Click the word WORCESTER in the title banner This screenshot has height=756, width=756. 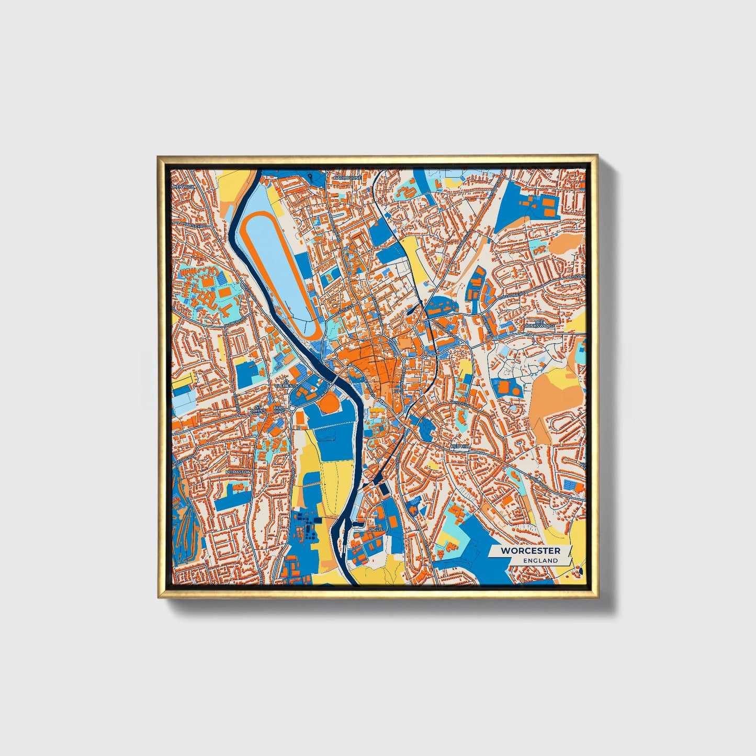[530, 550]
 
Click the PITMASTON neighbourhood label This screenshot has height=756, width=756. [238, 472]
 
